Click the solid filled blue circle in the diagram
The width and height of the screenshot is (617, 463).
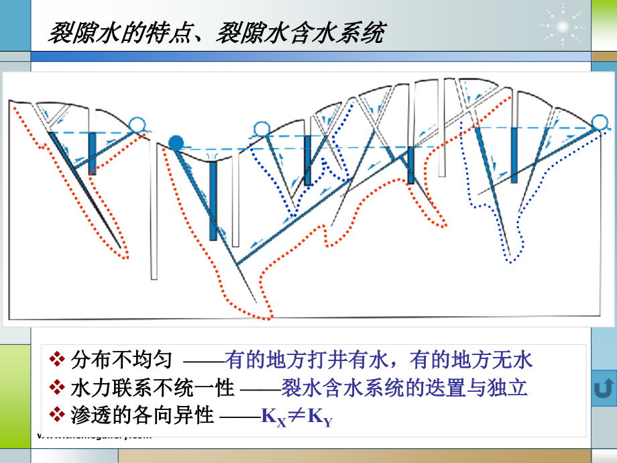click(176, 142)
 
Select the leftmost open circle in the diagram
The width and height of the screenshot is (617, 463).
click(137, 123)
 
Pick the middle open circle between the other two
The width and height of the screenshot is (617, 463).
click(261, 129)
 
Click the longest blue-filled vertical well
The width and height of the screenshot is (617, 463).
click(213, 200)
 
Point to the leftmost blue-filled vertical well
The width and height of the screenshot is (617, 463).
click(92, 153)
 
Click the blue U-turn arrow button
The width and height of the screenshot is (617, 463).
click(604, 389)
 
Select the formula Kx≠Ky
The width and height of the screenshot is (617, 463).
click(296, 417)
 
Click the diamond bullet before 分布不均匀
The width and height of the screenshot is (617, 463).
click(58, 360)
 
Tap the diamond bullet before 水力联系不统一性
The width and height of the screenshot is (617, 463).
click(58, 389)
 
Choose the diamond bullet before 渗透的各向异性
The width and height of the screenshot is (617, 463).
click(58, 416)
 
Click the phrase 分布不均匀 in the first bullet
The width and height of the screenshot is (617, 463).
click(121, 360)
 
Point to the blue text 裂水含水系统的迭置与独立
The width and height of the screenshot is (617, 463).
click(405, 389)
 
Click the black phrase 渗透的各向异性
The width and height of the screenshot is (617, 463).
click(142, 416)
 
